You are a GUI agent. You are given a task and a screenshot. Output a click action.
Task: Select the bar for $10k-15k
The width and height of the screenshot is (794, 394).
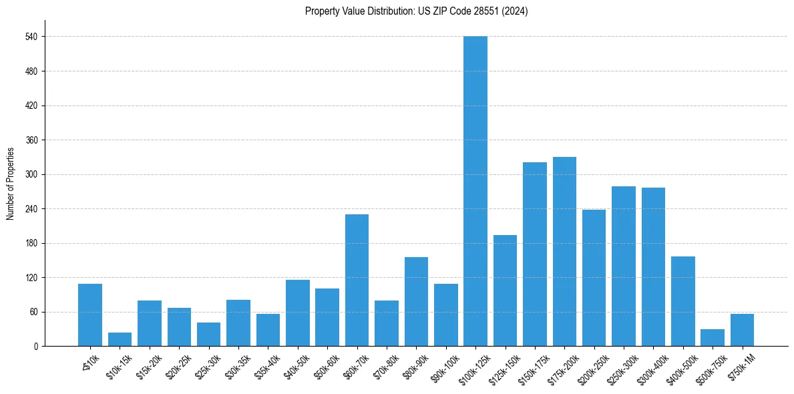click(x=120, y=339)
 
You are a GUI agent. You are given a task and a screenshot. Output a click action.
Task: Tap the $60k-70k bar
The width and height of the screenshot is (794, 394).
click(x=357, y=280)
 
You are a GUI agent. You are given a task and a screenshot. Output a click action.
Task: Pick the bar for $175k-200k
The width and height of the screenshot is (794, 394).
click(x=564, y=252)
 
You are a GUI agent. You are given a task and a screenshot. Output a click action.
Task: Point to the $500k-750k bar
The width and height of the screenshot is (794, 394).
click(x=713, y=338)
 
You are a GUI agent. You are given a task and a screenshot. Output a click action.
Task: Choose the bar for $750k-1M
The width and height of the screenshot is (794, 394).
click(x=742, y=330)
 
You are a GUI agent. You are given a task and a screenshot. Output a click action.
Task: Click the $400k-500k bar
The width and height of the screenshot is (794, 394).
click(x=683, y=301)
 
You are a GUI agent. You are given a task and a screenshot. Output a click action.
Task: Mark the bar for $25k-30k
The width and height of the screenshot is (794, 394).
click(x=208, y=335)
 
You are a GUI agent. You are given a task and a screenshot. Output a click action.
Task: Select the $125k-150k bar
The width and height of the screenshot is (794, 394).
click(x=505, y=290)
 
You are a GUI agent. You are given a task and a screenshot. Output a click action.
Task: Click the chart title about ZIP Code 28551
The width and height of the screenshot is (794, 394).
click(x=416, y=11)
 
